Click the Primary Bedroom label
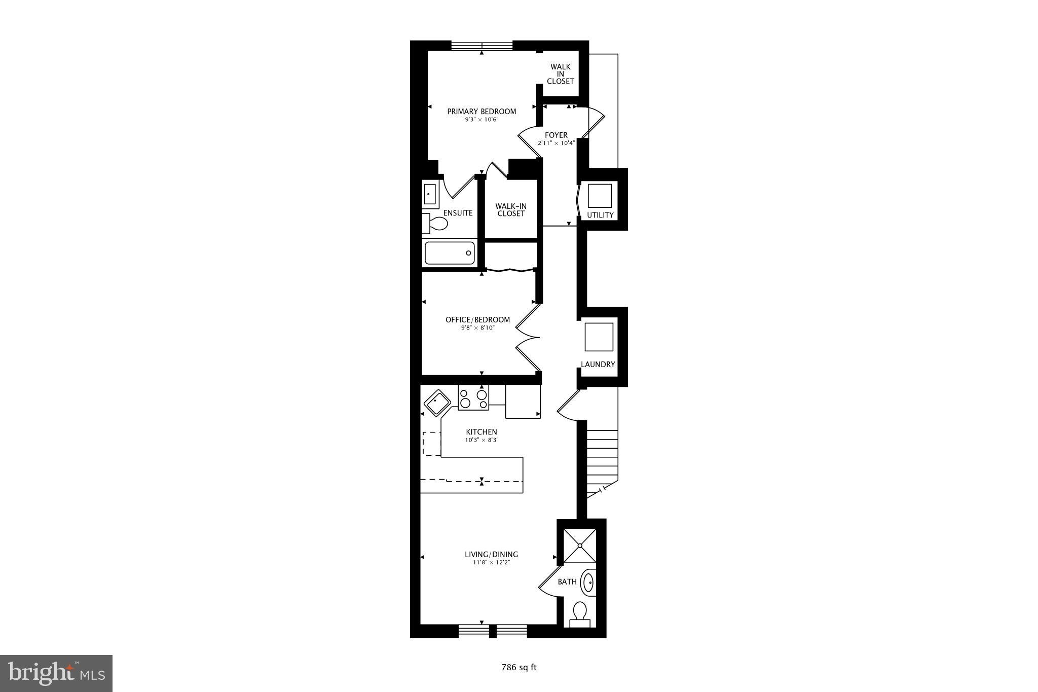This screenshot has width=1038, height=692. pos(481,112)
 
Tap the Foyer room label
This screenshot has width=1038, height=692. pos(556,135)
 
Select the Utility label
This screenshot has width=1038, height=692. pos(600,215)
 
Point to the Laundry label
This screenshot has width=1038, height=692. pos(598,365)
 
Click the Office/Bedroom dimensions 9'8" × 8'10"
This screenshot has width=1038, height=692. pos(477,328)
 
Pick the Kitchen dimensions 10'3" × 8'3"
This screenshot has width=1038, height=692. pos(481,440)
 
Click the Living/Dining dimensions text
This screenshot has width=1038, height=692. pos(492,562)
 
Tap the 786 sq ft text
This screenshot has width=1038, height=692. pos(518,668)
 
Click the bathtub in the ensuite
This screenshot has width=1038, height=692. pos(450,253)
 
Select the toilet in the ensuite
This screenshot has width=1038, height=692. pos(435,223)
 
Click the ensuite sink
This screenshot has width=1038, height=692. pos(430,194)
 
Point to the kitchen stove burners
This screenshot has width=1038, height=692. pos(473,398)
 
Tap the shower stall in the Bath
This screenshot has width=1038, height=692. pos(580,545)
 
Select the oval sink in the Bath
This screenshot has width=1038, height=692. pos(588,582)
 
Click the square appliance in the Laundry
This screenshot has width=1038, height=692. pos(599,337)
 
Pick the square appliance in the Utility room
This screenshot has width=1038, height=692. pos(600,196)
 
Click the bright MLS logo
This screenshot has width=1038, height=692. pos(56,673)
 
